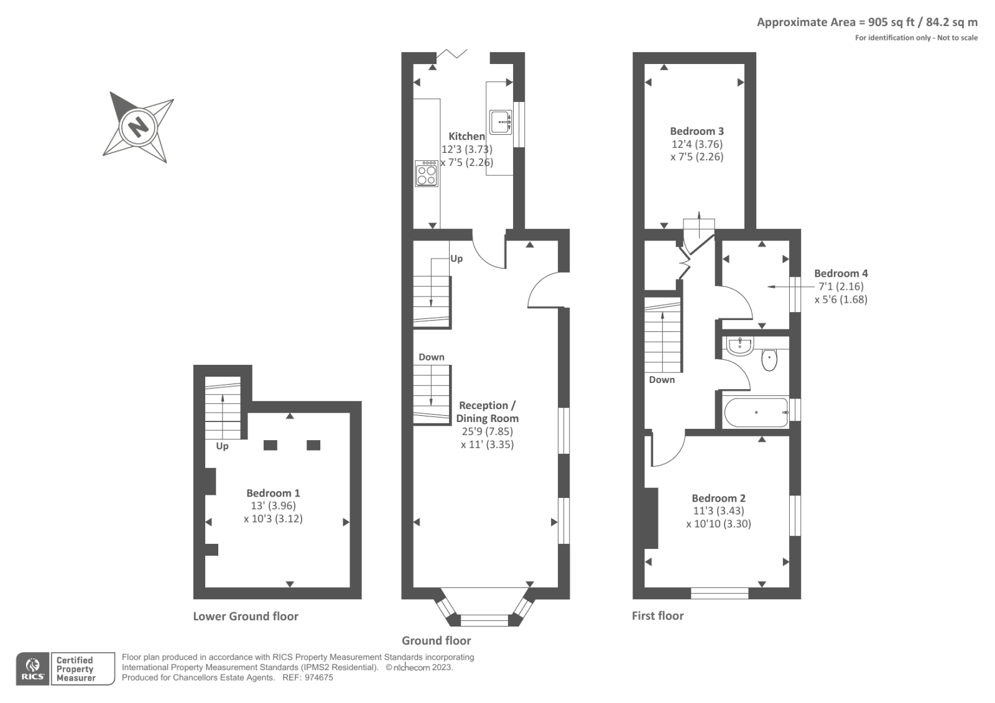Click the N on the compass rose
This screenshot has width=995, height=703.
138,127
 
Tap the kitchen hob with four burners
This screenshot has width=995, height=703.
427,173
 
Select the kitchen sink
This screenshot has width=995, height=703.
500,122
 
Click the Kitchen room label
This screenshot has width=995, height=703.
466,136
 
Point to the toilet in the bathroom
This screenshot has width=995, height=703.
769,359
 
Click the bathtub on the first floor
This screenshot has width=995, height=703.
756,413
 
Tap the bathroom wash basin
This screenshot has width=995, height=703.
739,346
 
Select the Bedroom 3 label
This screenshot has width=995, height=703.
696,131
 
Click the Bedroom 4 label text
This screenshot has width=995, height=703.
841,273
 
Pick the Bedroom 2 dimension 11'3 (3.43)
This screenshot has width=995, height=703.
718,511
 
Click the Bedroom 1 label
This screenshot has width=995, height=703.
273,493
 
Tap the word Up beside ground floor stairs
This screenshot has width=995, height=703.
456,259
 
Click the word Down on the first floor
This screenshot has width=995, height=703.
662,380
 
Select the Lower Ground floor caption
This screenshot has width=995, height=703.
246,616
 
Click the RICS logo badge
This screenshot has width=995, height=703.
32,669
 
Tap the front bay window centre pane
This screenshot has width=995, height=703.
484,620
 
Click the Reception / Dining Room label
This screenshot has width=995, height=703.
488,411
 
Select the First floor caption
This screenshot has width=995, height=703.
657,615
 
